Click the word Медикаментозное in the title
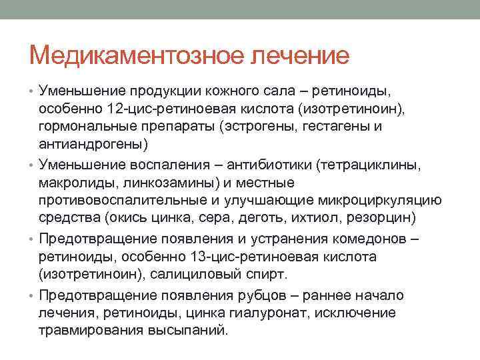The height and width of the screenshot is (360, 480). point(137,55)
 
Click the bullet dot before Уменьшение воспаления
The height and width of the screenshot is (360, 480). point(33,165)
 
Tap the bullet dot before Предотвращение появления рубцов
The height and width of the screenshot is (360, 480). point(33,295)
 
